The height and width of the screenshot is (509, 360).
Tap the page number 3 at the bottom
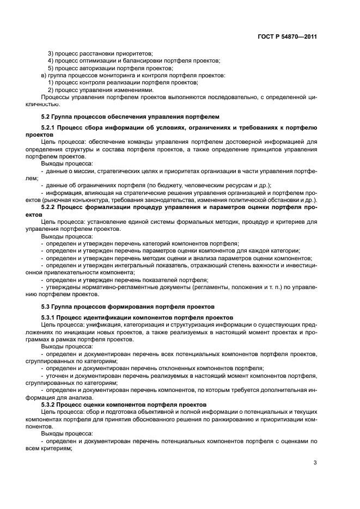315,463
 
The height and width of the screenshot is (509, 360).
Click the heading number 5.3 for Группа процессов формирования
46,306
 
